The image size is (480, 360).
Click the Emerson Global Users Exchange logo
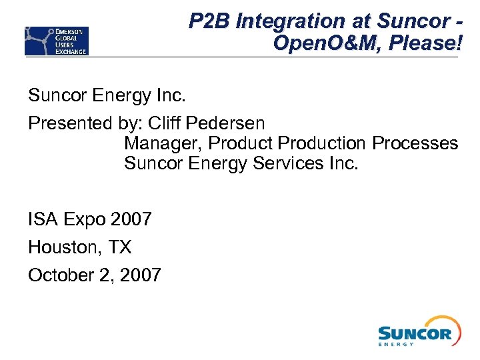(57, 41)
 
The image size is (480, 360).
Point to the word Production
(322, 143)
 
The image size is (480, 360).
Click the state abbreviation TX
(120, 247)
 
